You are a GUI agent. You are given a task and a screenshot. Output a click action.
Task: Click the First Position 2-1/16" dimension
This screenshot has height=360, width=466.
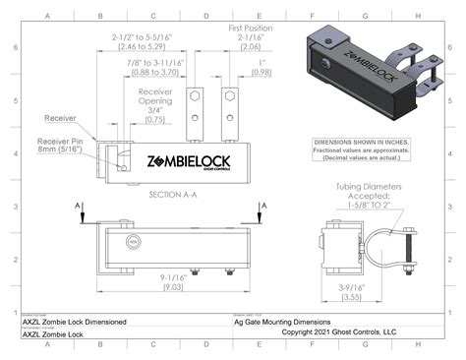click(x=251, y=36)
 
